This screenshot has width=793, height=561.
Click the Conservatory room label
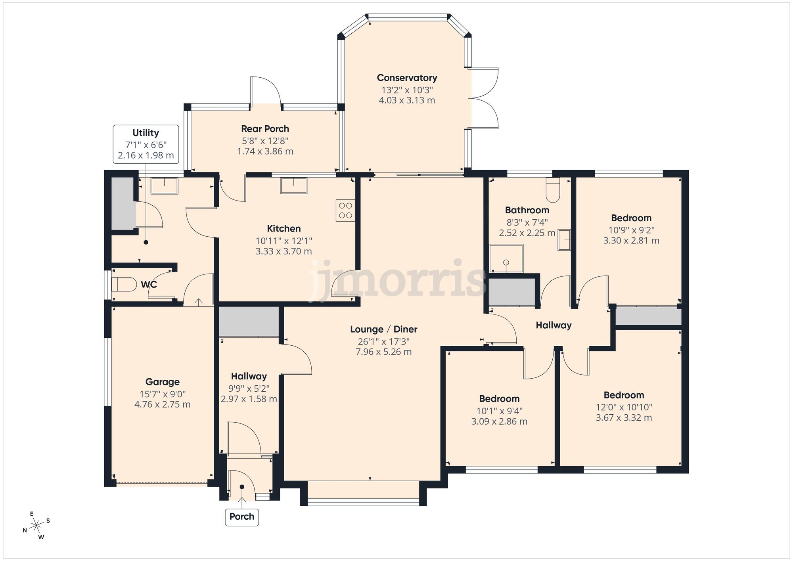(x=407, y=78)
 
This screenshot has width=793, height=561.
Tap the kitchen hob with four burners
(x=345, y=210)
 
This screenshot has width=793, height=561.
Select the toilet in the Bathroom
(x=552, y=191)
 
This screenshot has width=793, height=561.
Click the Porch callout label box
(x=242, y=517)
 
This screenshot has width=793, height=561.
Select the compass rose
(x=36, y=526)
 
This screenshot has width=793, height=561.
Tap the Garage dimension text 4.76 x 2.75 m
(x=163, y=404)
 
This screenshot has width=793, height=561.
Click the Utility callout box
(x=146, y=144)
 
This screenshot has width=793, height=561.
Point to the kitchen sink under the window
(x=293, y=186)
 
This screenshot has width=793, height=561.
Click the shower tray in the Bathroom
(x=506, y=259)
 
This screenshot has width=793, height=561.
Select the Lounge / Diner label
(x=383, y=329)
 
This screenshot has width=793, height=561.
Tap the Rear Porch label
(x=265, y=129)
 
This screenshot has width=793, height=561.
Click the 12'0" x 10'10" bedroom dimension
(x=624, y=407)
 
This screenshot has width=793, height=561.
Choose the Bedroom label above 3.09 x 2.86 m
(x=499, y=398)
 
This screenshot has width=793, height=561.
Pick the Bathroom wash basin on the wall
(x=564, y=239)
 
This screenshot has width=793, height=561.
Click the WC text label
(x=149, y=284)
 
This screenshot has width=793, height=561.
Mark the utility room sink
(x=164, y=186)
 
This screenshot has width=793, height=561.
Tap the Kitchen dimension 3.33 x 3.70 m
(x=283, y=251)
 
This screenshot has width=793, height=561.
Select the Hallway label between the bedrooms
(x=554, y=325)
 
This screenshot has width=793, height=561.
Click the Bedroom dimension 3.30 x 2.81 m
(x=631, y=241)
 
